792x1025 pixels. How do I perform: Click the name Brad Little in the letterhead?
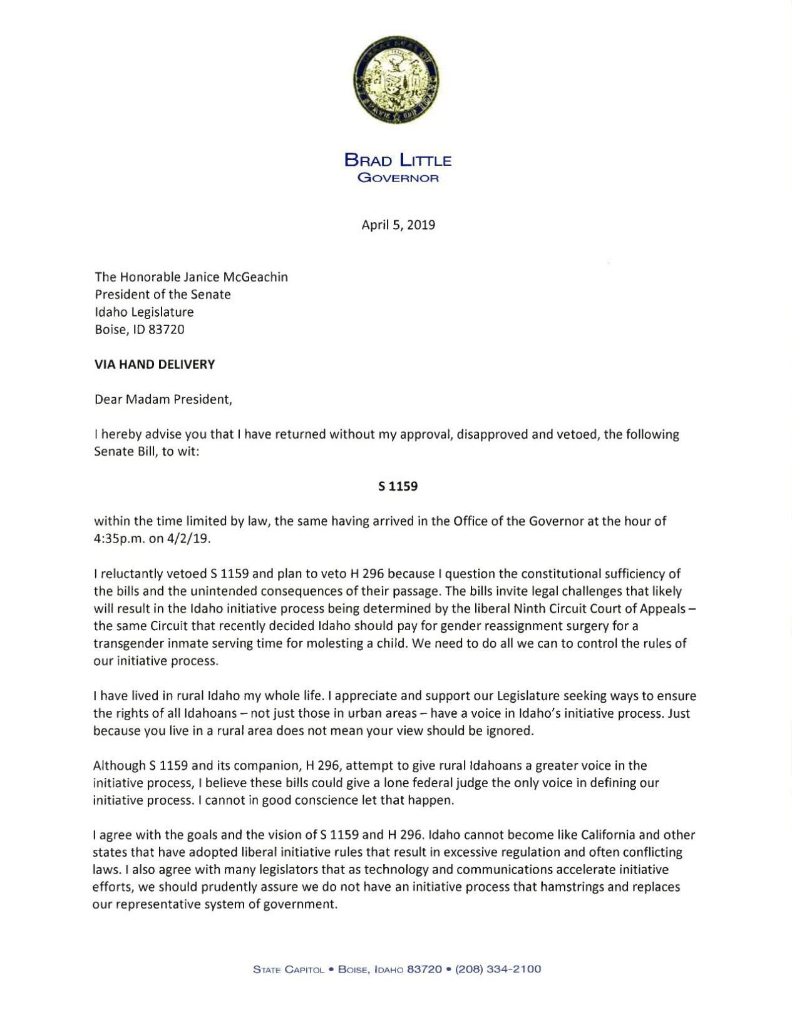click(x=398, y=160)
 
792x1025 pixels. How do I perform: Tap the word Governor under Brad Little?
click(x=398, y=178)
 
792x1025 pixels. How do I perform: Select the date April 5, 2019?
click(x=398, y=225)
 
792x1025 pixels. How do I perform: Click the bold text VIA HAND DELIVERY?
click(x=155, y=364)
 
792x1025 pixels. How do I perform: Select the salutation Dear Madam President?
click(x=163, y=399)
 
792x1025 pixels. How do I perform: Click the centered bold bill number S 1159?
click(x=398, y=486)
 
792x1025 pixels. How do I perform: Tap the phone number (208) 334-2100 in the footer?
click(x=498, y=969)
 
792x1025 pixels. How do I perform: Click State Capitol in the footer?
click(x=289, y=969)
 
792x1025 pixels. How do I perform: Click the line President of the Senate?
click(x=163, y=295)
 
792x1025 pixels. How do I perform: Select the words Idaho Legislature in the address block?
click(x=144, y=312)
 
